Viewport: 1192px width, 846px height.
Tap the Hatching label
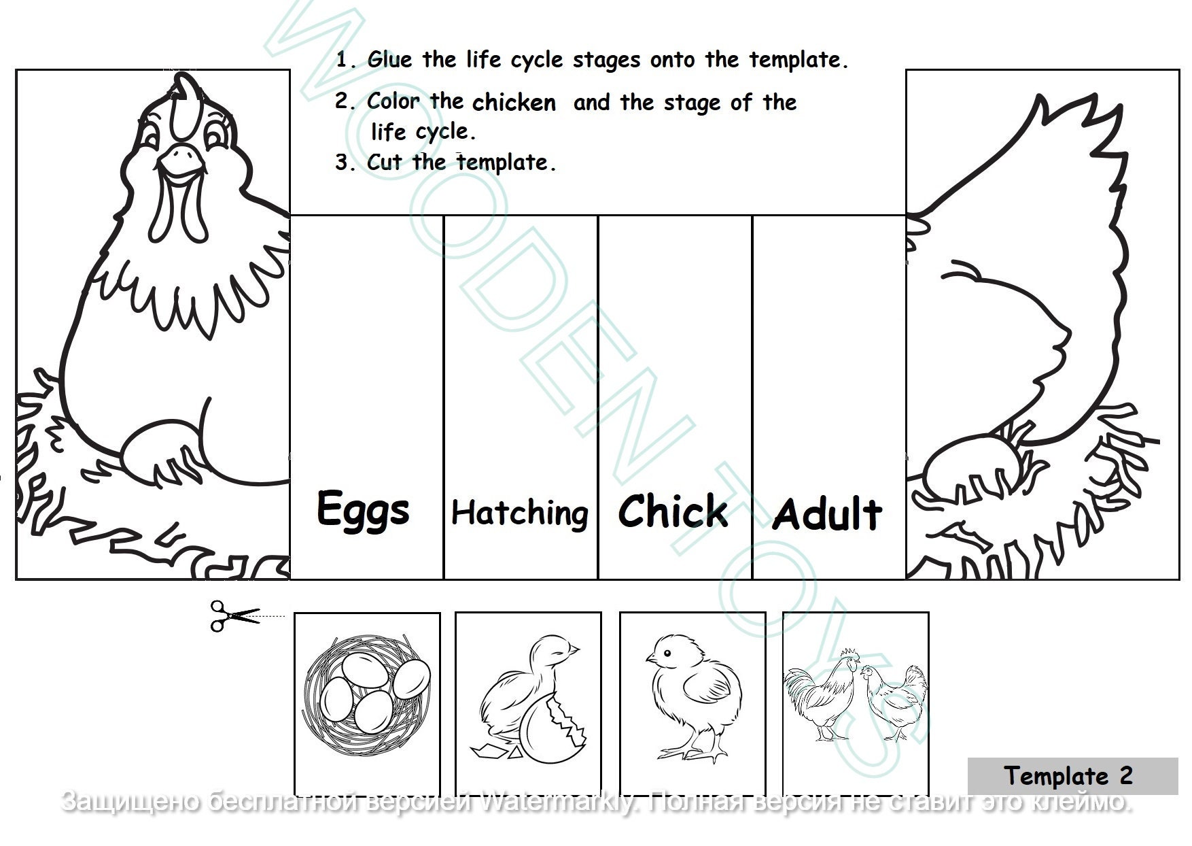pyautogui.click(x=520, y=513)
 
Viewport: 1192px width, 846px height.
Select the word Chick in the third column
pyautogui.click(x=673, y=511)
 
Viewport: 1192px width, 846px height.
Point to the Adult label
pyautogui.click(x=827, y=514)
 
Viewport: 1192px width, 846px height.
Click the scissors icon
pyautogui.click(x=233, y=615)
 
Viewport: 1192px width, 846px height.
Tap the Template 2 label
pyautogui.click(x=1068, y=776)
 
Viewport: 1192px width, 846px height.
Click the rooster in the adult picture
pyautogui.click(x=821, y=694)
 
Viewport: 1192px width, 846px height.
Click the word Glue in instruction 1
pyautogui.click(x=389, y=60)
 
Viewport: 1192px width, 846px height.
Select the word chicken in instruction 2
pyautogui.click(x=514, y=103)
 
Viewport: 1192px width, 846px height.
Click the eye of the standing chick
pyautogui.click(x=667, y=654)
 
